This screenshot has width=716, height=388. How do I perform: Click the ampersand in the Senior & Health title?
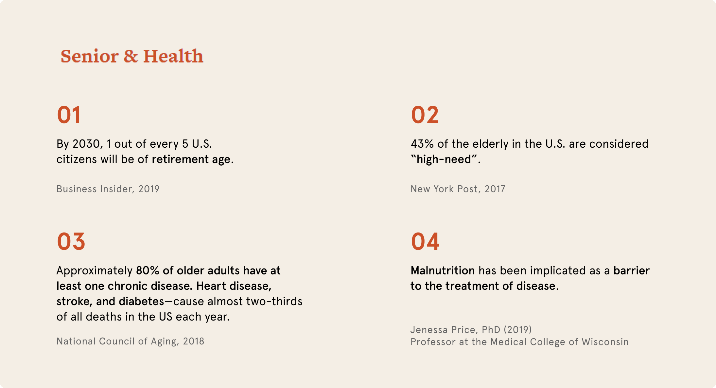131,56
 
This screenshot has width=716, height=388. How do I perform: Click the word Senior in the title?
89,56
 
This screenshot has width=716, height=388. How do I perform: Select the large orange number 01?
69,115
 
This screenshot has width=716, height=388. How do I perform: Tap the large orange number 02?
425,115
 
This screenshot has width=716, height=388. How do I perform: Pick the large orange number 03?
71,242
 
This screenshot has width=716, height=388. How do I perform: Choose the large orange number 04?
425,242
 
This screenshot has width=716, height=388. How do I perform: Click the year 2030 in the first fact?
86,144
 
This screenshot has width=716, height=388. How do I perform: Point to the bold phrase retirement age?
191,159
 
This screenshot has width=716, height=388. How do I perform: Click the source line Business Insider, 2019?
108,189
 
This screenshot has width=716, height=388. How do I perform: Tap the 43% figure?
422,144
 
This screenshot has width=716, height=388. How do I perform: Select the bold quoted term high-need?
444,159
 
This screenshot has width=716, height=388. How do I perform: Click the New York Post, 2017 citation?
458,189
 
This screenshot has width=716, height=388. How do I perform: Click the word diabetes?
141,301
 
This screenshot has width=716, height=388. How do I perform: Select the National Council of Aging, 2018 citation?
130,341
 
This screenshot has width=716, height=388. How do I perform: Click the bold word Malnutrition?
443,270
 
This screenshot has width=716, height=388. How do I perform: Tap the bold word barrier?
631,270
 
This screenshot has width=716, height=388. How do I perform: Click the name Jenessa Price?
444,329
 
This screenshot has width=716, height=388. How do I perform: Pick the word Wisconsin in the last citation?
605,342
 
